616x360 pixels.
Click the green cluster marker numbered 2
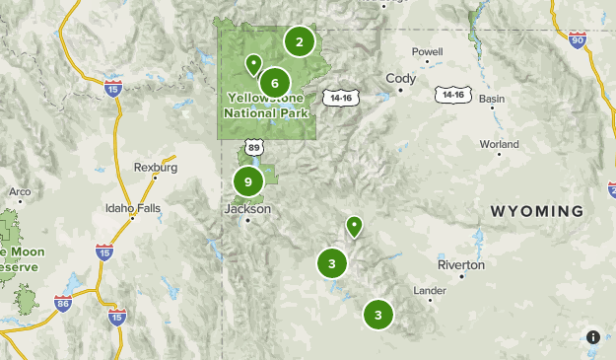pos(299,41)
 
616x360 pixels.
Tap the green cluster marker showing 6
pos(275,83)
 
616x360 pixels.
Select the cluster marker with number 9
pos(248,181)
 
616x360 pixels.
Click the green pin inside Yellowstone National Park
pos(253,65)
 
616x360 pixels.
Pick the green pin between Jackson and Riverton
pos(355,227)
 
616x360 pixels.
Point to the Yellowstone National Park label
pos(267,106)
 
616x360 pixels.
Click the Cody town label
pos(401,78)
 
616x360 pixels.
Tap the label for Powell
pos(427,51)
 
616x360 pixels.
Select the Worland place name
pos(499,143)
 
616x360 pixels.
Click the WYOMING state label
pos(537,211)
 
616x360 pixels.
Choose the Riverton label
pos(461,264)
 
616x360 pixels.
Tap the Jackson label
pos(246,208)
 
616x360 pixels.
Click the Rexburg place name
pos(156,167)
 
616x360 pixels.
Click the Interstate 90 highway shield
pos(578,39)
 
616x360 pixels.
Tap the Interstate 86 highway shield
pos(63,302)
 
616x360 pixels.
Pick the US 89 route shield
pos(255,147)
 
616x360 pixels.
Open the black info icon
pos(593,337)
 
